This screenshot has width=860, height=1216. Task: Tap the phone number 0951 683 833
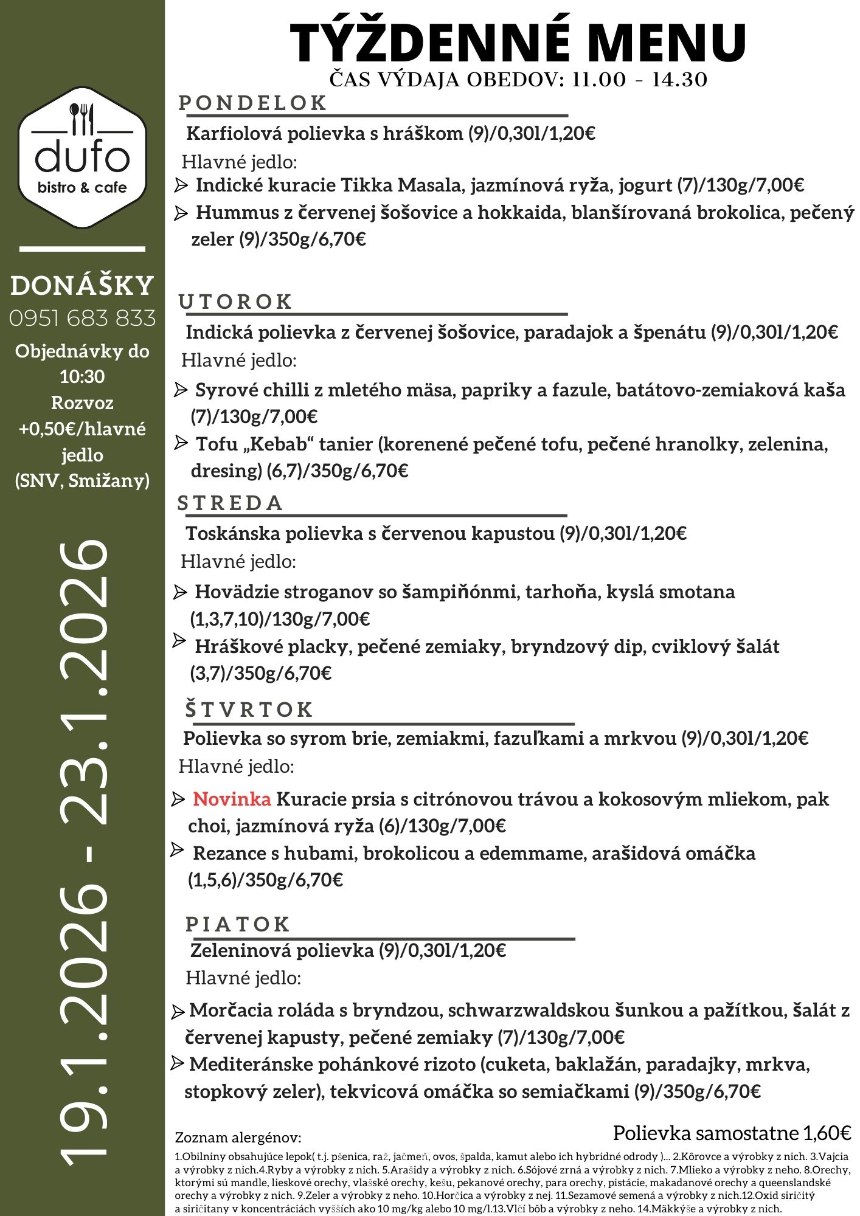(82, 318)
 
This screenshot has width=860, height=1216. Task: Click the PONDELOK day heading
(253, 103)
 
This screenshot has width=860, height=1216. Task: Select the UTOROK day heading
(236, 302)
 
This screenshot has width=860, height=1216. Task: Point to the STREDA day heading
(231, 503)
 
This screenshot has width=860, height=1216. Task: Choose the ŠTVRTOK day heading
(249, 710)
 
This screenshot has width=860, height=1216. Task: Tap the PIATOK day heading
(238, 924)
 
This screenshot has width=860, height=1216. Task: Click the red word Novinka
(232, 799)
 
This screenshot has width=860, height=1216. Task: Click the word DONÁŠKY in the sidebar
(82, 286)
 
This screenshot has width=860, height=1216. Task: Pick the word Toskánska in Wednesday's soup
(233, 533)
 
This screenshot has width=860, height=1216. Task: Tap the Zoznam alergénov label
(238, 1138)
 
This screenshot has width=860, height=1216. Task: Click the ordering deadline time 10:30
(82, 377)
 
